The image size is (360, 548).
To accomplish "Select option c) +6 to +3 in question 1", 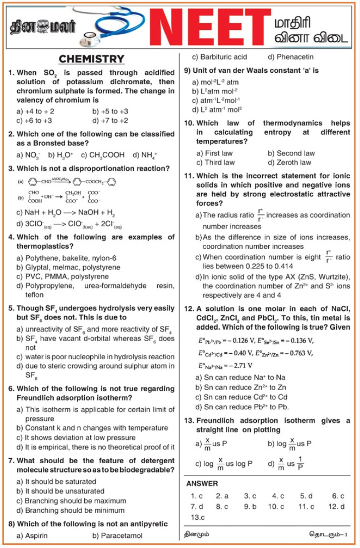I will [x=34, y=121].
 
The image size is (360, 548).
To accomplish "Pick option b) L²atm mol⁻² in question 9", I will [x=215, y=91].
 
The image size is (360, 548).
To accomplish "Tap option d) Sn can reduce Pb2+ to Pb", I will [x=242, y=407].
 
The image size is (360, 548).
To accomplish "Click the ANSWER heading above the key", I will [x=202, y=483].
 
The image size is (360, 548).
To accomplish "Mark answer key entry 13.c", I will [x=198, y=517].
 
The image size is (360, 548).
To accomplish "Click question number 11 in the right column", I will [x=189, y=176].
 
